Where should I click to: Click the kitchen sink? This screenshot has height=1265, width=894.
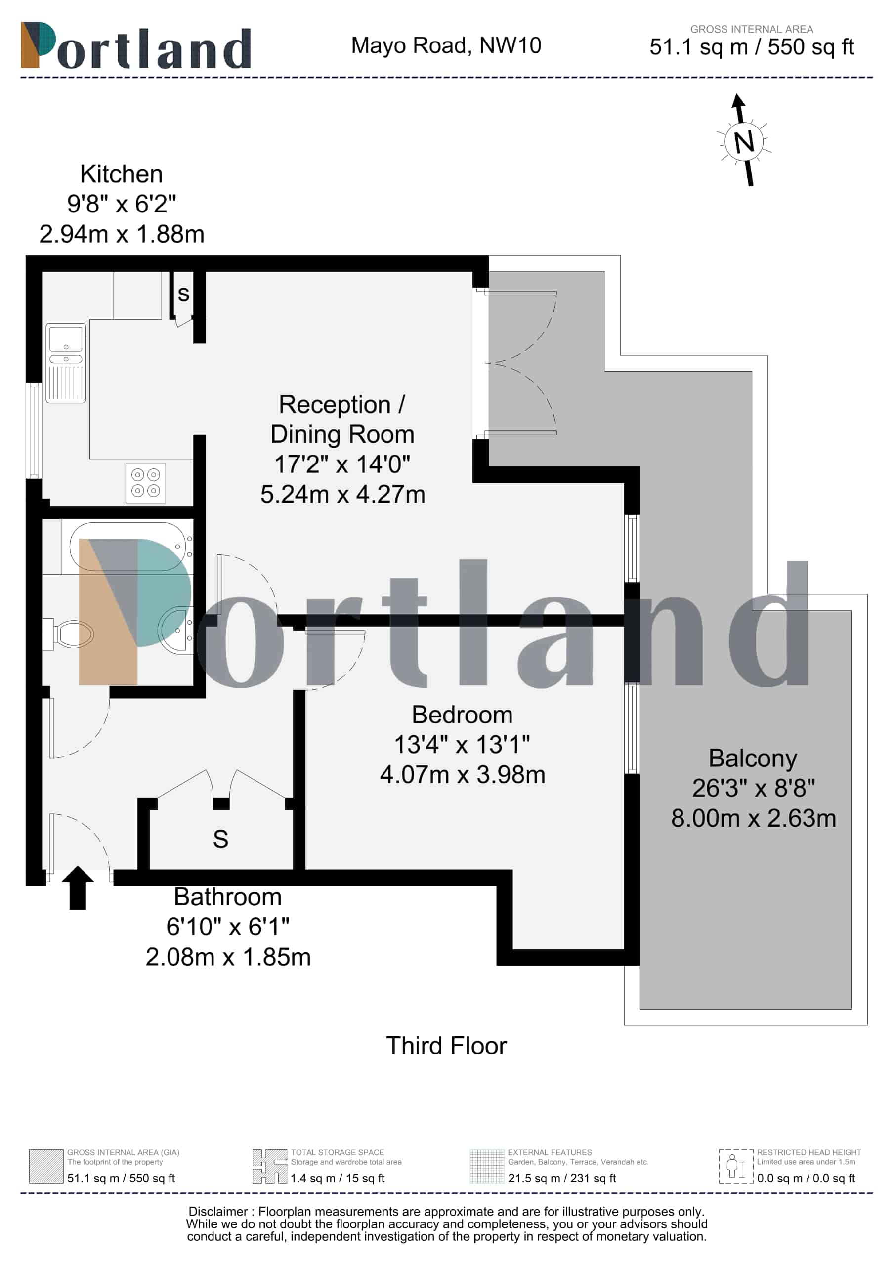66,363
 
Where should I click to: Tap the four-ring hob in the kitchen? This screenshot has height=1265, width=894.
145,483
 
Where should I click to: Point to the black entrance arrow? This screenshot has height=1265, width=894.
78,887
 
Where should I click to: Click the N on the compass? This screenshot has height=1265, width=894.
744,142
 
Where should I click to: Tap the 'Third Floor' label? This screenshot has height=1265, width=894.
446,1046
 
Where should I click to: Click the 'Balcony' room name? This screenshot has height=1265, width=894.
753,759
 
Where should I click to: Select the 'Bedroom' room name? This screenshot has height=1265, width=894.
463,715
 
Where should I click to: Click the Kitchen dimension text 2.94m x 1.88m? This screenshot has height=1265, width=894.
122,234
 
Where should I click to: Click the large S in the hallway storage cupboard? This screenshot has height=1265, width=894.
220,840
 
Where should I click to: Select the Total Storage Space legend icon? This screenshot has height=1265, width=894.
269,1166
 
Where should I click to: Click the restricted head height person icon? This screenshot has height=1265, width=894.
736,1166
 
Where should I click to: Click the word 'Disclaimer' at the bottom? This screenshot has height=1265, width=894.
218,1212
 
